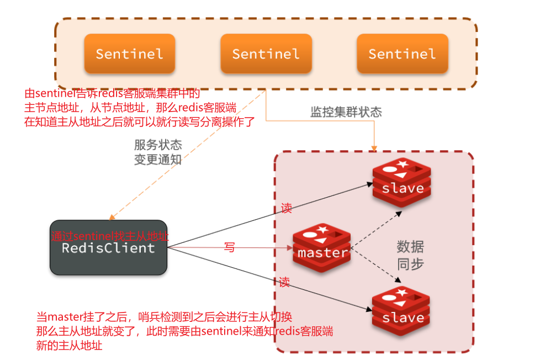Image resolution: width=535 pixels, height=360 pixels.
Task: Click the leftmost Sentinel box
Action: [x=129, y=54]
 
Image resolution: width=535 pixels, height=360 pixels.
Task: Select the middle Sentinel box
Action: [x=266, y=54]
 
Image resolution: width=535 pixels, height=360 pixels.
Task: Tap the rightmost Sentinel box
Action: [x=402, y=54]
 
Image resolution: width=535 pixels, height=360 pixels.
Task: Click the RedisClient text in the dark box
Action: [x=108, y=248]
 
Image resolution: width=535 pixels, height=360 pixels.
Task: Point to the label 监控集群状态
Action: [x=346, y=112]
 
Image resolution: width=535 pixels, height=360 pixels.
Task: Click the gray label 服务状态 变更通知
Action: [x=157, y=152]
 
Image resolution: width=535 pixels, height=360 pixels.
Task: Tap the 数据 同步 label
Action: [x=410, y=255]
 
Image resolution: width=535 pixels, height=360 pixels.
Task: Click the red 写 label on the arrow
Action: [x=229, y=248]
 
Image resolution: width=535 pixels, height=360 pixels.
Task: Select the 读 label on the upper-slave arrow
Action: [x=286, y=208]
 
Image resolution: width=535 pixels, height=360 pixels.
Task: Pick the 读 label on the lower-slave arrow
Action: [x=284, y=283]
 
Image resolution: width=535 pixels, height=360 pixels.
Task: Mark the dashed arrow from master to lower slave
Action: [x=375, y=271]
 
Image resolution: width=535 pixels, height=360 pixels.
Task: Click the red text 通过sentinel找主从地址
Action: [x=109, y=236]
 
